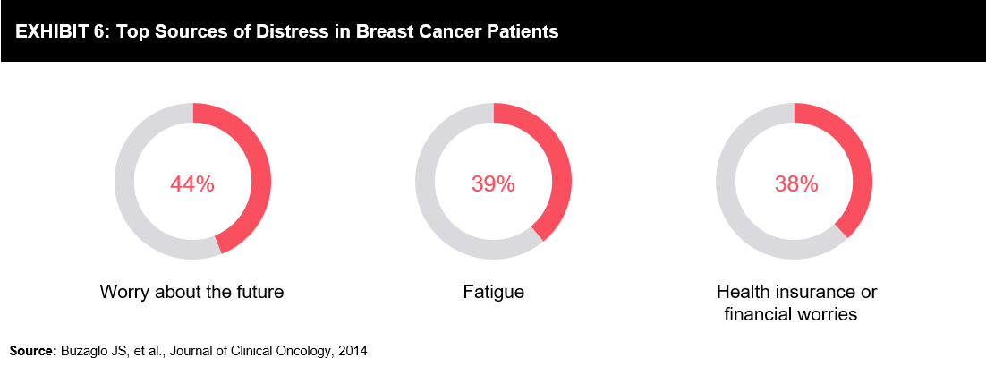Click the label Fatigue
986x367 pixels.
tap(494, 293)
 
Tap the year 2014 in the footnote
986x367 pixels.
tap(354, 351)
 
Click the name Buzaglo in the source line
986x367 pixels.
tap(81, 352)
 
